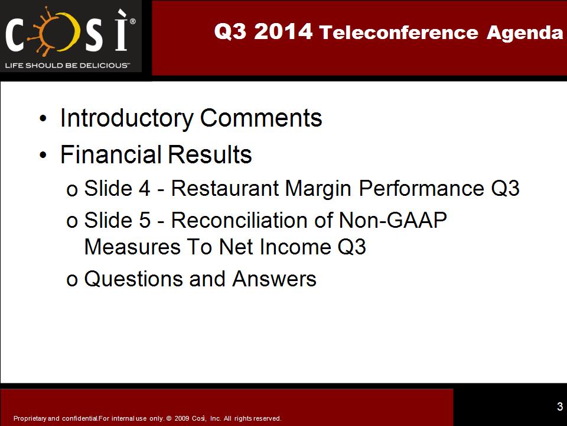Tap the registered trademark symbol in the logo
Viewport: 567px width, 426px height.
point(133,21)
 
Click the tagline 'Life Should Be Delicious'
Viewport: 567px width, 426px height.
point(67,66)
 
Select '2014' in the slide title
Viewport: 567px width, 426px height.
point(283,31)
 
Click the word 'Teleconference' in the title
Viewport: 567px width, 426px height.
point(399,32)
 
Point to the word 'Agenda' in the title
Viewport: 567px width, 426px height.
point(524,33)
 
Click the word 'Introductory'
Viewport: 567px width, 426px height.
point(127,118)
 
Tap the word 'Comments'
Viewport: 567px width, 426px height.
point(261,118)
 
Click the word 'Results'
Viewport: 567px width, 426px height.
point(210,154)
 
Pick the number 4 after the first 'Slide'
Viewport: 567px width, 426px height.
point(145,189)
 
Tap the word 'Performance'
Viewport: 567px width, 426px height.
point(421,189)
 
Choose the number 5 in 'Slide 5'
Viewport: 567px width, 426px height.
point(145,221)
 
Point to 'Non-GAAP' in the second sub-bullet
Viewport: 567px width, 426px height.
point(393,220)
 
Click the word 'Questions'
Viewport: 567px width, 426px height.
point(133,279)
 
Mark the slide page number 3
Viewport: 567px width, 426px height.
point(560,406)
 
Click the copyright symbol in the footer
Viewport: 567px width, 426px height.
point(168,418)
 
